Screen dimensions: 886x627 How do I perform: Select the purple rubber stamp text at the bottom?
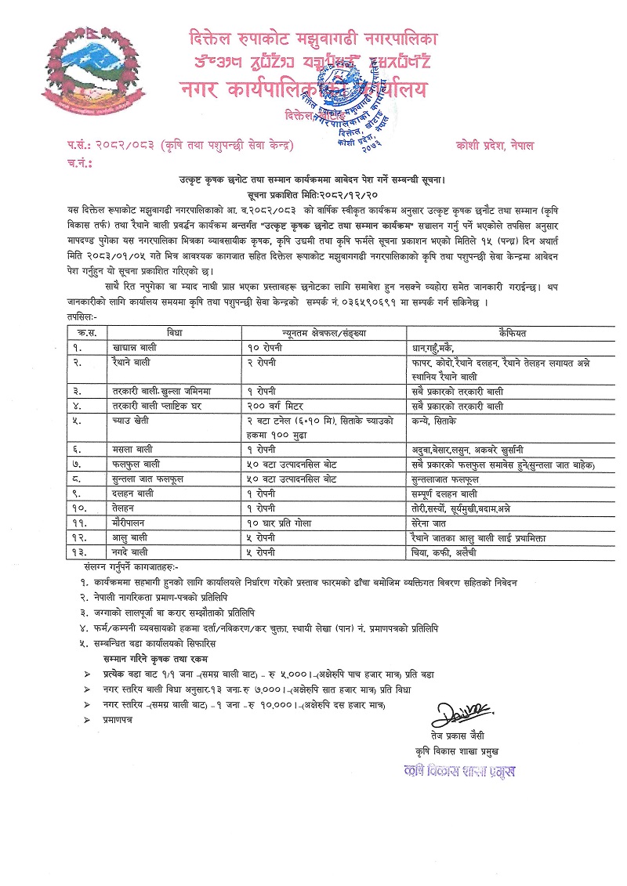pos(460,771)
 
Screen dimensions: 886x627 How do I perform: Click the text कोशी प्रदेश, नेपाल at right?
pos(492,146)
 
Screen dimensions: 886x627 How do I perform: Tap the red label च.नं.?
pos(76,164)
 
